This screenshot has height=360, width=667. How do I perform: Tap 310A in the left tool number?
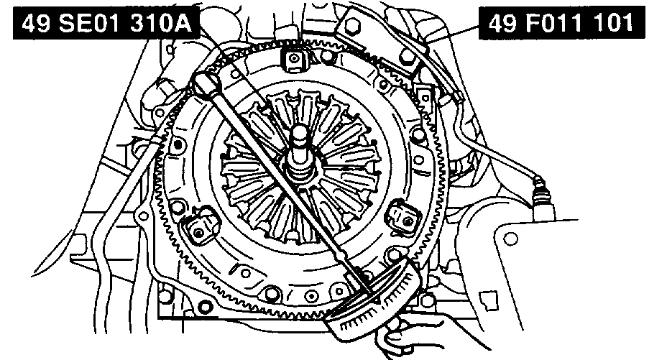tap(160, 24)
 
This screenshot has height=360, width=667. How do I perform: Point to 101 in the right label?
tap(615, 23)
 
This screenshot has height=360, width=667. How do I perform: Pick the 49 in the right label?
tap(504, 23)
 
